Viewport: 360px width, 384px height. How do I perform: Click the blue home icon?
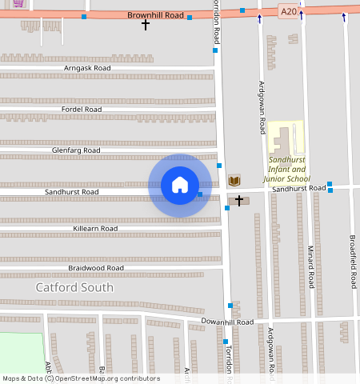(x=180, y=185)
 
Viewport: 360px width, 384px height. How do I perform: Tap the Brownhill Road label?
(x=155, y=15)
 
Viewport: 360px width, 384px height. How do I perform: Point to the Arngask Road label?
(x=87, y=69)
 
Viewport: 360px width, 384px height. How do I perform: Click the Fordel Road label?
(x=82, y=109)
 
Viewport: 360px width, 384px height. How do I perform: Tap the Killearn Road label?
(x=95, y=228)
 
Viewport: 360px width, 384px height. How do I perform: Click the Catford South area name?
(x=74, y=287)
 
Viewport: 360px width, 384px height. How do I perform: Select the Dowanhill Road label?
(x=226, y=322)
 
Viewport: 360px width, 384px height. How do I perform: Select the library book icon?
(x=234, y=179)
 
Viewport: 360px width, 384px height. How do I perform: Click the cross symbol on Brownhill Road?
(x=146, y=25)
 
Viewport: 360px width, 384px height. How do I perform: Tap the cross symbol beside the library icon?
(x=238, y=200)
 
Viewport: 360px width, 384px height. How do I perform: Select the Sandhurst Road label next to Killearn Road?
(x=72, y=192)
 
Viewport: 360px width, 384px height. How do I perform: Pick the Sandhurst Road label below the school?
(x=298, y=188)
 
